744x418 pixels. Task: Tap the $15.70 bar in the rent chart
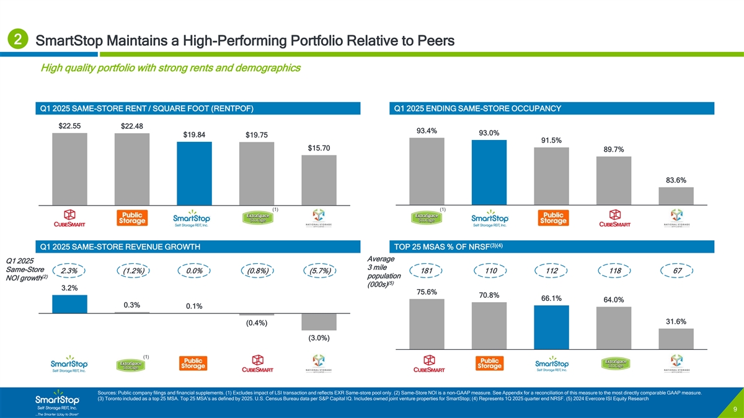click(319, 180)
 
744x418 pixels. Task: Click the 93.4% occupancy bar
click(427, 171)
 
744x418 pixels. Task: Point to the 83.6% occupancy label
click(676, 180)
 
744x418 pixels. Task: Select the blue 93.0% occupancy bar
click(489, 172)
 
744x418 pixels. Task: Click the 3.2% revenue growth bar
click(69, 304)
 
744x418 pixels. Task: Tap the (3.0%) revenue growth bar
click(319, 322)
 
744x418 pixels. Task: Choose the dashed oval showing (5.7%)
click(319, 271)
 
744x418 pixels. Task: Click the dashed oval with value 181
click(427, 271)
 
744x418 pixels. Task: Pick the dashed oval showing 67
click(676, 271)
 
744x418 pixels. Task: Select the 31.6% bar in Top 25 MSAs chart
click(676, 339)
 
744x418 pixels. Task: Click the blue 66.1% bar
click(551, 328)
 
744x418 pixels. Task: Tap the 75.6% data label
click(427, 292)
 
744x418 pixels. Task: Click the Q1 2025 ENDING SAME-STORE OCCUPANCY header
click(477, 109)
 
